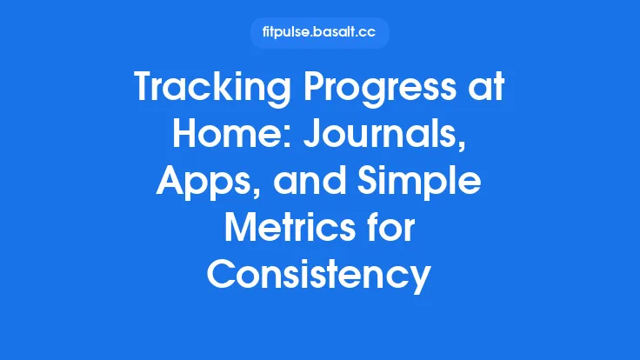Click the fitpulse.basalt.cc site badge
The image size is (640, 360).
point(319,33)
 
